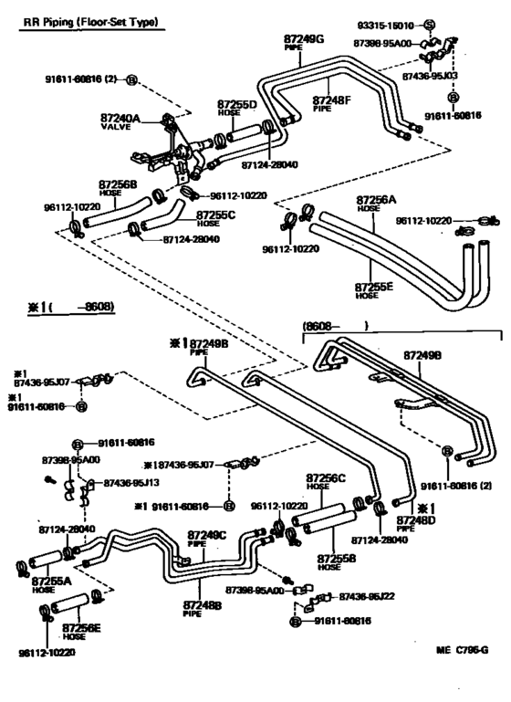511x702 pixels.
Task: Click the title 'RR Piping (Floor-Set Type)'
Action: tap(89, 20)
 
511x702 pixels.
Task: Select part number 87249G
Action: tap(304, 39)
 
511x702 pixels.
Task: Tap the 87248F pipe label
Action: tap(333, 100)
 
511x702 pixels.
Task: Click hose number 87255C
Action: tap(215, 215)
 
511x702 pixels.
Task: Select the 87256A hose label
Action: tap(376, 200)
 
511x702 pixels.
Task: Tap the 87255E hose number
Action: tap(374, 287)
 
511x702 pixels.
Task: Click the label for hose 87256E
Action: tap(81, 628)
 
